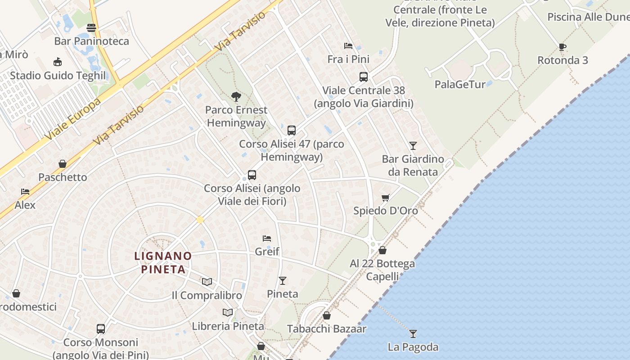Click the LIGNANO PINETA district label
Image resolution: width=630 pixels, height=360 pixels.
coord(163,262)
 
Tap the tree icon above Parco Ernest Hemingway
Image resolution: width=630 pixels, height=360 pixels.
coord(236,96)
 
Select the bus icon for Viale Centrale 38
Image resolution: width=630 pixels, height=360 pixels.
coord(363,77)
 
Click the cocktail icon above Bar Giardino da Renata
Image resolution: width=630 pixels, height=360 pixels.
coord(413,145)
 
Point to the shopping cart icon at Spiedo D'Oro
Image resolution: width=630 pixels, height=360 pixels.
coord(385,198)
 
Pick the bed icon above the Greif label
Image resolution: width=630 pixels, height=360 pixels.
coord(267,238)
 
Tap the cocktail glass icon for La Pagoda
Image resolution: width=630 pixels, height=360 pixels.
coord(413,333)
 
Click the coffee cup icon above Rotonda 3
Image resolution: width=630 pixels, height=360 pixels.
coord(562,47)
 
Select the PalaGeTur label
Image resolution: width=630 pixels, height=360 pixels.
coord(460,84)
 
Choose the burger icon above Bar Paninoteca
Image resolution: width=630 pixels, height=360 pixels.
coord(91,28)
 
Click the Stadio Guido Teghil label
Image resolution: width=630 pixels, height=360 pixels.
coord(58,75)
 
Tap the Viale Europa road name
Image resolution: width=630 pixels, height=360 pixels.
coord(72,119)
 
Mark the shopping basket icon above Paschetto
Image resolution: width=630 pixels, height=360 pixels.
coord(63,164)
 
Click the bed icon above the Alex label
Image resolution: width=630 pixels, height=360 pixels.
coord(25,192)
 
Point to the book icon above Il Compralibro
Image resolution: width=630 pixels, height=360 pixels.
coord(207,282)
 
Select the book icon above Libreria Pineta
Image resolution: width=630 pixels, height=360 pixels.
coord(228,312)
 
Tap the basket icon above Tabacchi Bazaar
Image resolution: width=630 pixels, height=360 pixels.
coord(327,315)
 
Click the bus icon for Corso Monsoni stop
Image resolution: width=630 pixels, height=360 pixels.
coord(100,329)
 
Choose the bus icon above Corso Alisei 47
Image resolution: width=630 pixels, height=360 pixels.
coord(291,130)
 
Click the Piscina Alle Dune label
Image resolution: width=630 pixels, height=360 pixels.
coord(588,17)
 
